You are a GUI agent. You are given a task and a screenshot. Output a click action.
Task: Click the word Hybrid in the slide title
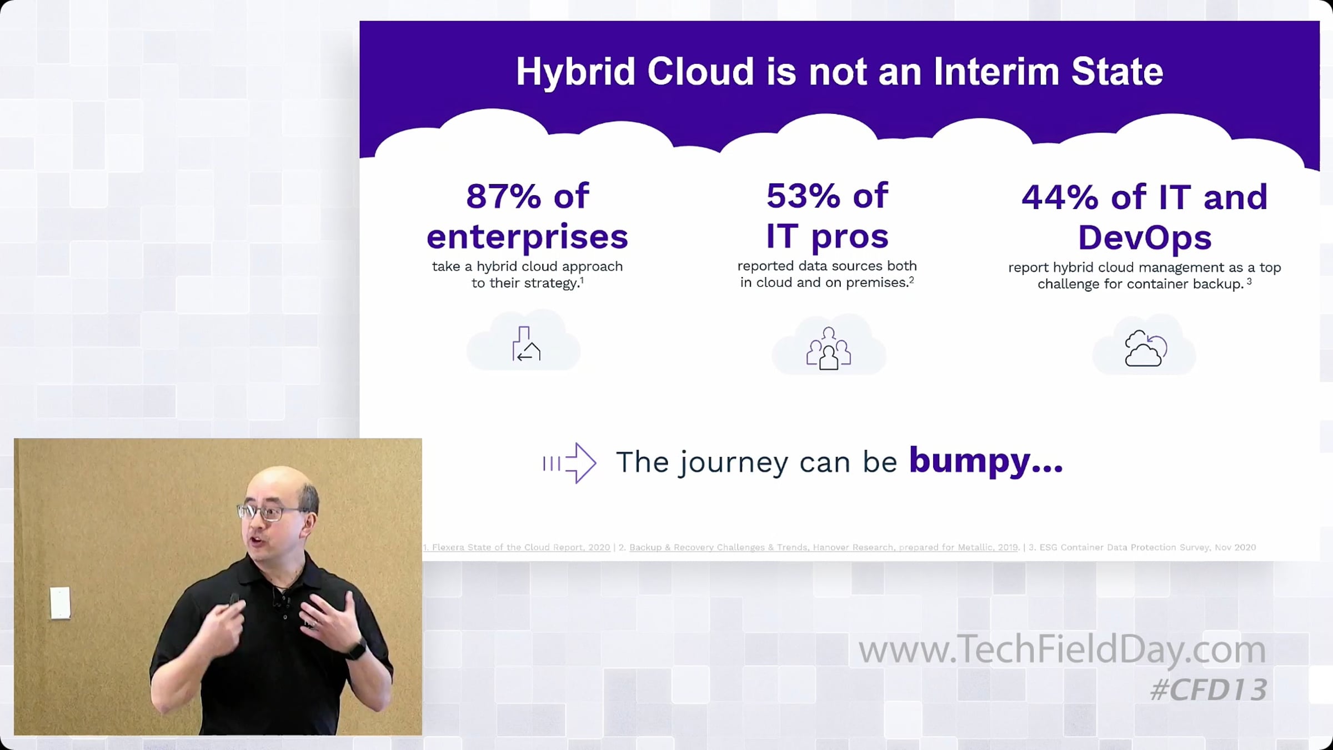[575, 73]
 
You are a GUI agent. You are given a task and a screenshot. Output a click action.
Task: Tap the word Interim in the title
[997, 72]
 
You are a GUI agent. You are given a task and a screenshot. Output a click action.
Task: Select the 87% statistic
[503, 196]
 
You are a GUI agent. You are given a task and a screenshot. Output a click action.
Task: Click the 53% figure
[804, 196]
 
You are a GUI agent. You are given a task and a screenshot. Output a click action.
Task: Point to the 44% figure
[1060, 197]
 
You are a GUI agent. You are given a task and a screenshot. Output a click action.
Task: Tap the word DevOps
[1145, 238]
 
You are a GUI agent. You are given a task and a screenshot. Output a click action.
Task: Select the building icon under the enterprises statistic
[525, 344]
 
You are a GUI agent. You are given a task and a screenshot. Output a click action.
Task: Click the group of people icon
[829, 348]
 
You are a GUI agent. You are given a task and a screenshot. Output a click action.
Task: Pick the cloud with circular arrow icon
[1145, 348]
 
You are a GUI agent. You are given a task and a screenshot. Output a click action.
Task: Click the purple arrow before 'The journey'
[570, 463]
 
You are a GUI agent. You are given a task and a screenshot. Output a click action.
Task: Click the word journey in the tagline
[733, 463]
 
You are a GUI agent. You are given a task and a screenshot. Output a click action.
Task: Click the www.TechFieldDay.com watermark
[1062, 649]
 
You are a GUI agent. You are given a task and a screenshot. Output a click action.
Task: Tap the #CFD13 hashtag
[1209, 689]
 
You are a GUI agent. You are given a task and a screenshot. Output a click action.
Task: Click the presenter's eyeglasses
[269, 512]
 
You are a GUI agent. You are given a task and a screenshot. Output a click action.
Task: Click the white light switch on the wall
[60, 603]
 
